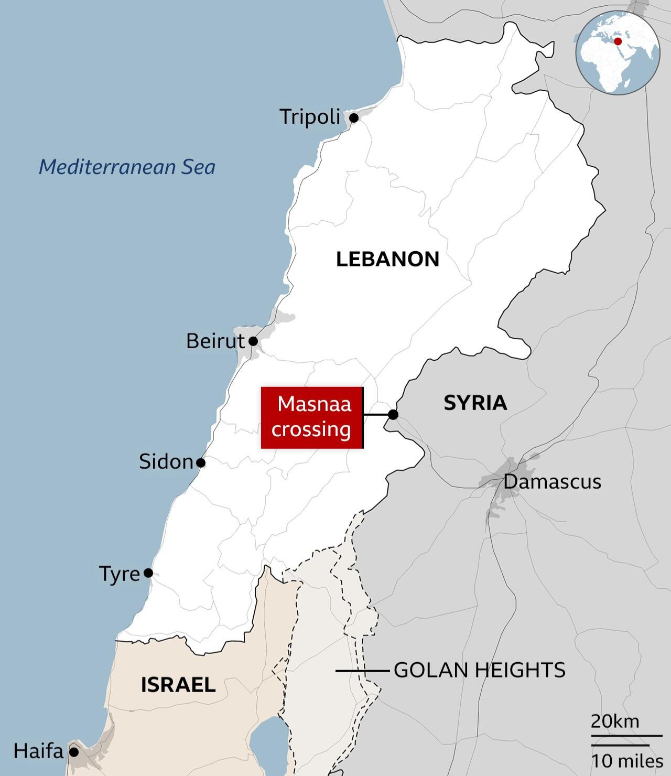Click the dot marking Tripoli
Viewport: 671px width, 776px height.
coord(354,118)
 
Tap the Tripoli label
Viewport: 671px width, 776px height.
coord(310,116)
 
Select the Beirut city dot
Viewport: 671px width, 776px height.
coord(253,341)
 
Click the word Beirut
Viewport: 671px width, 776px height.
coord(215,341)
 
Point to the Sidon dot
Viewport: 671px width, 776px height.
coord(200,463)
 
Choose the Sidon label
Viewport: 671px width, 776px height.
coord(166,461)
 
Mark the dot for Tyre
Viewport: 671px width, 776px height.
coord(148,573)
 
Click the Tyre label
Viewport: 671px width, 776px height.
coord(120,574)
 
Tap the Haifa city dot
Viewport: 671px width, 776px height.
coord(74,752)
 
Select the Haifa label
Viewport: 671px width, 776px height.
coord(38,751)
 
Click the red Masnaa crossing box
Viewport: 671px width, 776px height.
coord(312,417)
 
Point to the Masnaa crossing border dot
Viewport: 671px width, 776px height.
coord(393,415)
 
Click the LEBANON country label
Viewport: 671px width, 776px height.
coord(387,259)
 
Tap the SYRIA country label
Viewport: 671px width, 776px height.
coord(475,403)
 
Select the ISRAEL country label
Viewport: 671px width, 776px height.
coord(178,685)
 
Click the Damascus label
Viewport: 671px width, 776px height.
coord(552,481)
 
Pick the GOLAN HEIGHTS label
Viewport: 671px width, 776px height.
coord(479,670)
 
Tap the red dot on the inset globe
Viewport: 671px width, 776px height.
coord(618,41)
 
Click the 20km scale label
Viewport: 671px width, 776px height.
coord(615,721)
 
